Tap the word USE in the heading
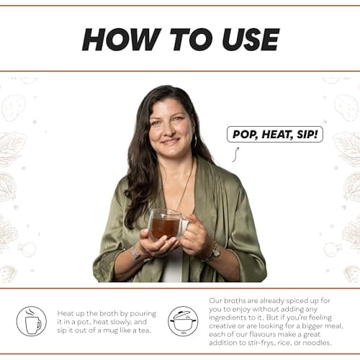[x=251, y=40]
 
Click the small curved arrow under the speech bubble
[x=235, y=155]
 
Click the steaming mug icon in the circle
[x=32, y=321]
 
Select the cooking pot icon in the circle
[x=183, y=321]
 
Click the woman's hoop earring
[x=195, y=140]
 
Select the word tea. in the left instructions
[x=145, y=330]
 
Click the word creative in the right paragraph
[x=222, y=326]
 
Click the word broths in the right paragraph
[x=233, y=300]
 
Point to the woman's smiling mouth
[x=170, y=142]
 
